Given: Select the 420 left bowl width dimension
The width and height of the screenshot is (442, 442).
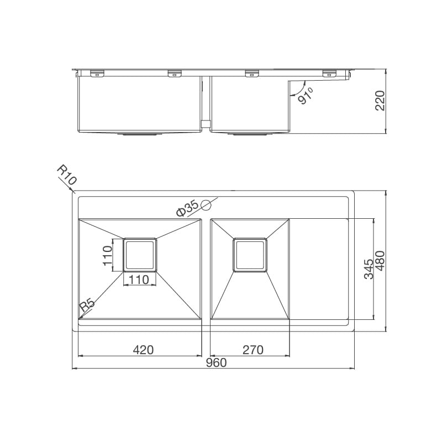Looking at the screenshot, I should pyautogui.click(x=143, y=349).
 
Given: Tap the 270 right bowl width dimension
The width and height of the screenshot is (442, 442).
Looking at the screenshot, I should pyautogui.click(x=252, y=349).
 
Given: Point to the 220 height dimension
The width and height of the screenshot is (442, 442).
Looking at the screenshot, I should pyautogui.click(x=380, y=101).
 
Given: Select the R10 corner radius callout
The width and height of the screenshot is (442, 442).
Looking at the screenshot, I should pyautogui.click(x=66, y=176).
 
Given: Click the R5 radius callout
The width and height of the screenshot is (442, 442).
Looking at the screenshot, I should pyautogui.click(x=87, y=305).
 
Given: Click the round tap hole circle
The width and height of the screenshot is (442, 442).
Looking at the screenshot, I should pyautogui.click(x=207, y=206).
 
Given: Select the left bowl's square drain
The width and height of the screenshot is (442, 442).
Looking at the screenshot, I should pyautogui.click(x=139, y=255).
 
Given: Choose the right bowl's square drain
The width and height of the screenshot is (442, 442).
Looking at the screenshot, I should pyautogui.click(x=251, y=255).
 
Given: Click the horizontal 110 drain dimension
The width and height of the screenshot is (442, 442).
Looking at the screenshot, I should pyautogui.click(x=139, y=280).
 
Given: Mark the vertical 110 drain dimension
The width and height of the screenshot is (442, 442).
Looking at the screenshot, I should pyautogui.click(x=109, y=255).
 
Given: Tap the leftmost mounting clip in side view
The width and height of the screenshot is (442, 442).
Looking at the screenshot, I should pyautogui.click(x=97, y=72).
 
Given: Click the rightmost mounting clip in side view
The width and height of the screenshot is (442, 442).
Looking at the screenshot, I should pyautogui.click(x=329, y=72).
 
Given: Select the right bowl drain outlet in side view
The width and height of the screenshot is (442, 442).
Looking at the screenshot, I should pyautogui.click(x=250, y=134).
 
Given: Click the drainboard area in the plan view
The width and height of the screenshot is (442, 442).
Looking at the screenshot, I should pyautogui.click(x=319, y=269).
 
